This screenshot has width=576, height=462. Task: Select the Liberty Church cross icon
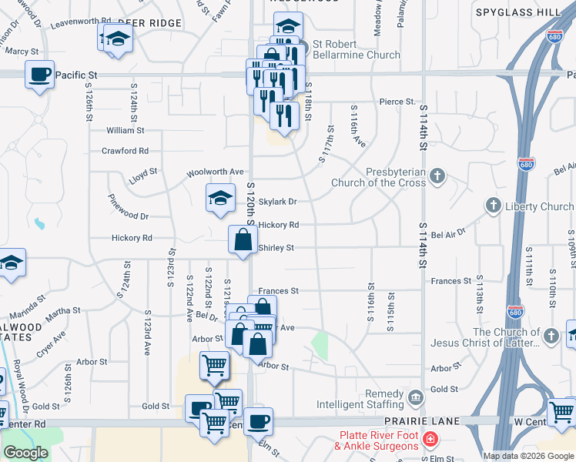point(493,206)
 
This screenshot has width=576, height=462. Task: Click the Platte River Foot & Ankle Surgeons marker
point(430,440)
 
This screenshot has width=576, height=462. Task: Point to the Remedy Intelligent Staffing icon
point(416,398)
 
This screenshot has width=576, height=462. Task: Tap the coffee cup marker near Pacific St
point(39,75)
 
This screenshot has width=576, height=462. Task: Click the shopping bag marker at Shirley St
point(243,239)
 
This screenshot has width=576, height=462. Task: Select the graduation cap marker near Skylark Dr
point(220,198)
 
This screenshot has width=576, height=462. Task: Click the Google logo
point(25,453)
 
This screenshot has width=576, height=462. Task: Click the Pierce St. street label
point(397,102)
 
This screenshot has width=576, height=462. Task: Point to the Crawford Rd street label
point(125,151)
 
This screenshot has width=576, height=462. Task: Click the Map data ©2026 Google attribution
point(528,456)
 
